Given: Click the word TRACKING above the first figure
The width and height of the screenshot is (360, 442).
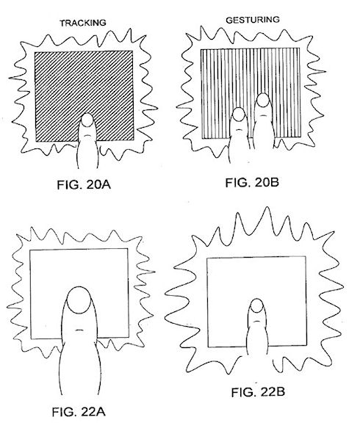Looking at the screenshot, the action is pyautogui.click(x=83, y=23).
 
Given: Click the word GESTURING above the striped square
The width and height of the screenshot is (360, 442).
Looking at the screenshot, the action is pyautogui.click(x=253, y=20).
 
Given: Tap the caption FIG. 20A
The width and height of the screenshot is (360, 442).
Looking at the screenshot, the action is pyautogui.click(x=84, y=185).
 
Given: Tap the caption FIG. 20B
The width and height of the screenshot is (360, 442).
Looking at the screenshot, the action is pyautogui.click(x=252, y=182).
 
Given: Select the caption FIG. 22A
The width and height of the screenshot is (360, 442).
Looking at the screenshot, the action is pyautogui.click(x=79, y=412).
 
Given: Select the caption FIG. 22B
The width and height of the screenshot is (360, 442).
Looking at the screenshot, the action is pyautogui.click(x=258, y=392).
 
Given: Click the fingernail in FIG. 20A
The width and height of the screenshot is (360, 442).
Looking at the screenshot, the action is pyautogui.click(x=87, y=120).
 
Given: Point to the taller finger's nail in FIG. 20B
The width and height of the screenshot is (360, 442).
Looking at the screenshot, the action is pyautogui.click(x=263, y=100).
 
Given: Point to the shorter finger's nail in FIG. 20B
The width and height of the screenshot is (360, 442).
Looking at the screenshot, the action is pyautogui.click(x=239, y=114).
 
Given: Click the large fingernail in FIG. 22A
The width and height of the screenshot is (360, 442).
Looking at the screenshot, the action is pyautogui.click(x=79, y=300).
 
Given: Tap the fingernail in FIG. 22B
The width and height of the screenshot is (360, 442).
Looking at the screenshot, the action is pyautogui.click(x=256, y=305).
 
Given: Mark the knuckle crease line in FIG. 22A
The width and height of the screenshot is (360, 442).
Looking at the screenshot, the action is pyautogui.click(x=79, y=330).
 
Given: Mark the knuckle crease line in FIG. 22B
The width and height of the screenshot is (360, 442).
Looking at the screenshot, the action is pyautogui.click(x=256, y=321).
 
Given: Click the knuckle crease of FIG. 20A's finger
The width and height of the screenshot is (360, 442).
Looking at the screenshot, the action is pyautogui.click(x=87, y=136).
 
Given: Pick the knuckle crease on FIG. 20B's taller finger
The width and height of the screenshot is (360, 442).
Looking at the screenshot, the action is pyautogui.click(x=263, y=115).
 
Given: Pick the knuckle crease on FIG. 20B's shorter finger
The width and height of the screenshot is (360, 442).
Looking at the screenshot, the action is pyautogui.click(x=239, y=129).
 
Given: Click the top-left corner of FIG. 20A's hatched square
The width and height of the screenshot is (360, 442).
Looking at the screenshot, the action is pyautogui.click(x=35, y=52).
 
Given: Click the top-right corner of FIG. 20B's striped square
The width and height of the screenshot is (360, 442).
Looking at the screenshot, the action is pyautogui.click(x=299, y=48).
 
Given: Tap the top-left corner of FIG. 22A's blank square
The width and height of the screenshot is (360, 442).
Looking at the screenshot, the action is pyautogui.click(x=30, y=250).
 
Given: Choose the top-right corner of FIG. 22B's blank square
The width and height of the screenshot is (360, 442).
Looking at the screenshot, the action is pyautogui.click(x=306, y=256).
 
